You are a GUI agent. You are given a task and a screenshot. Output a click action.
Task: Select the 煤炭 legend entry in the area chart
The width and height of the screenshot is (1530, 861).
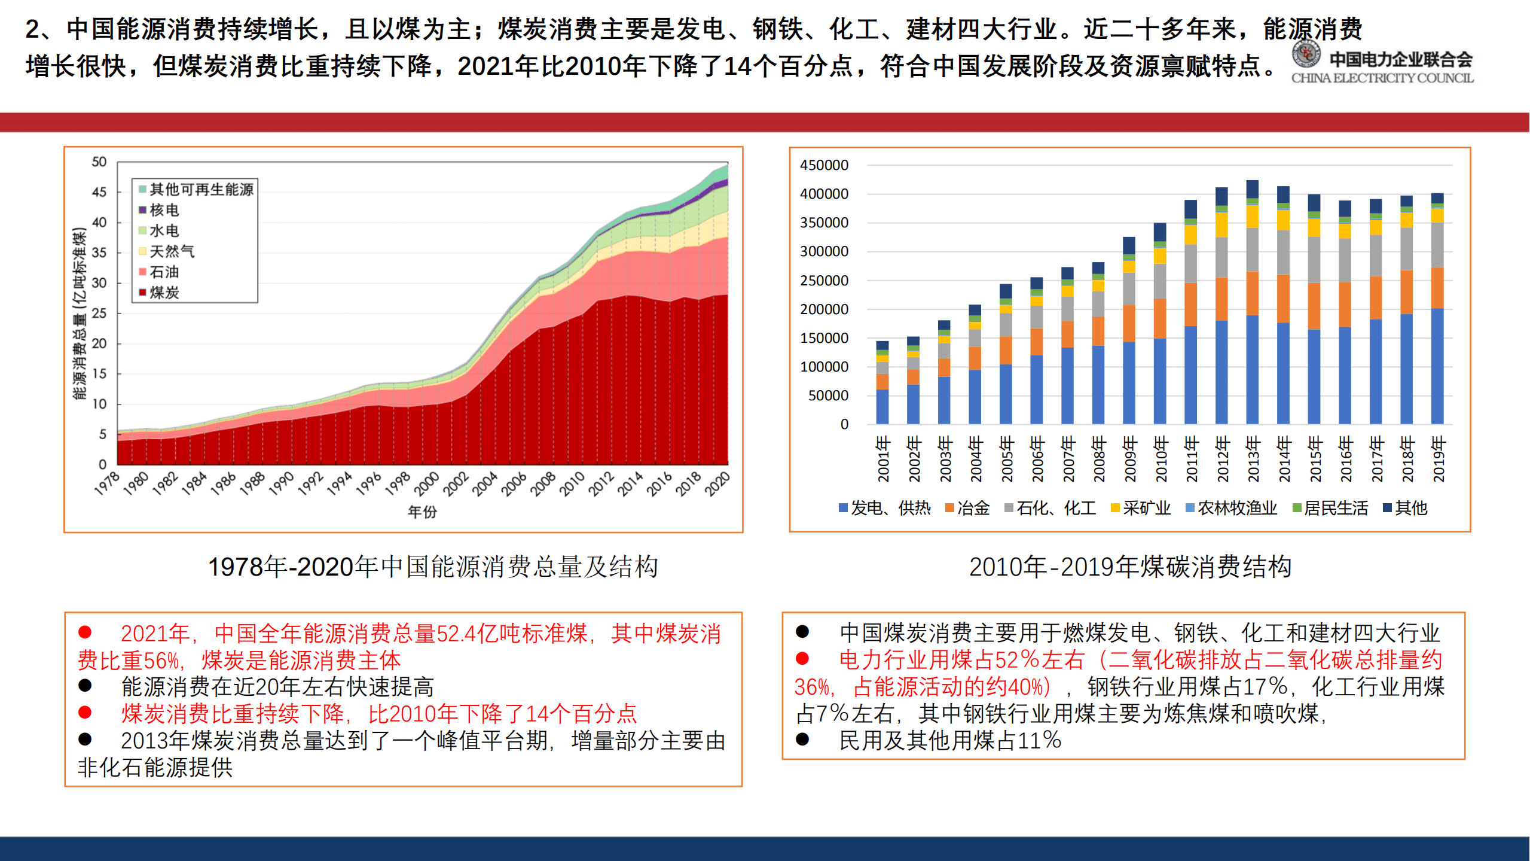pyautogui.click(x=159, y=293)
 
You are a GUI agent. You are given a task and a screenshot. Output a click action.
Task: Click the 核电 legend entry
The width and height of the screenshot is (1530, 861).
pyautogui.click(x=159, y=210)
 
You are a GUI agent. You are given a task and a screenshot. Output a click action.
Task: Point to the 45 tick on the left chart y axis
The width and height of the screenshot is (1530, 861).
pyautogui.click(x=99, y=192)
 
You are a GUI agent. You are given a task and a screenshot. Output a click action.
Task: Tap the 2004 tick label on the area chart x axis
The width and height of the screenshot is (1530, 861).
pyautogui.click(x=484, y=484)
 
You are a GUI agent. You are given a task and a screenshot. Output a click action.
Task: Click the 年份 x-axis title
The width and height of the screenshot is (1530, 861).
pyautogui.click(x=422, y=512)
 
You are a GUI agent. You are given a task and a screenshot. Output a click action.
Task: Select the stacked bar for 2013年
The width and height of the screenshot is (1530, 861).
pyautogui.click(x=1252, y=302)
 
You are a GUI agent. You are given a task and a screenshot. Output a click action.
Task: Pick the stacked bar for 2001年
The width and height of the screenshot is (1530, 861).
pyautogui.click(x=882, y=383)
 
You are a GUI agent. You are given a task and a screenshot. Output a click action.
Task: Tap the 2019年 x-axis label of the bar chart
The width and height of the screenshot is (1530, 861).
pyautogui.click(x=1438, y=459)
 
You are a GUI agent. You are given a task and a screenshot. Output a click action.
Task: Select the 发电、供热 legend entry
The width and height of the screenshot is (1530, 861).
pyautogui.click(x=885, y=508)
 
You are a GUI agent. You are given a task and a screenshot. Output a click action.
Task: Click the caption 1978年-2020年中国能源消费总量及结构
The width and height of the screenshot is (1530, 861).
pyautogui.click(x=433, y=567)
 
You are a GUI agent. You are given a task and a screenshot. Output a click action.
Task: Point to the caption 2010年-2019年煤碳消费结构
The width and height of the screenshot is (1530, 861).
pyautogui.click(x=1130, y=567)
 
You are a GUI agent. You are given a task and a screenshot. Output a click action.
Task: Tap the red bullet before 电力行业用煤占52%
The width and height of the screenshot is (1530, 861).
pyautogui.click(x=802, y=659)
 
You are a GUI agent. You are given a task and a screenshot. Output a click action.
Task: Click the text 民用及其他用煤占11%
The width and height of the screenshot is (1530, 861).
pyautogui.click(x=949, y=741)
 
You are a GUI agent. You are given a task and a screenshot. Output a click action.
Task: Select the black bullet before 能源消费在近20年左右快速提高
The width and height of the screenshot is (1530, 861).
pyautogui.click(x=85, y=686)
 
